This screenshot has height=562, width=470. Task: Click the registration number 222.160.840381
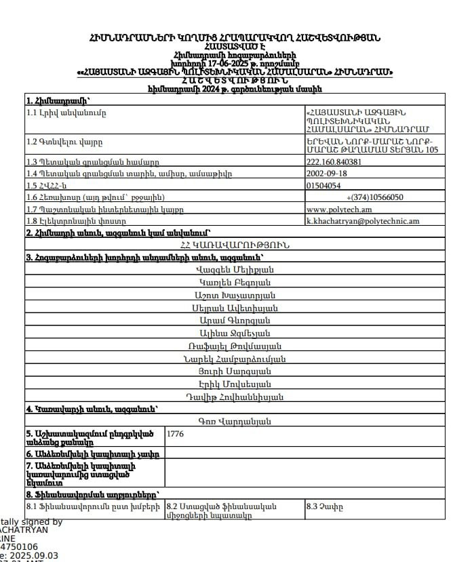click(334, 162)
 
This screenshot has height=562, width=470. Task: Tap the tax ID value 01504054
click(324, 185)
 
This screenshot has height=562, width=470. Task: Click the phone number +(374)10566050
click(375, 197)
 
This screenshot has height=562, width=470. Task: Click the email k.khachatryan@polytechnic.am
click(363, 220)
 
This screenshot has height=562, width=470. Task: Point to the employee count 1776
click(175, 433)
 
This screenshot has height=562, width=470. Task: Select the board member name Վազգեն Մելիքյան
click(235, 269)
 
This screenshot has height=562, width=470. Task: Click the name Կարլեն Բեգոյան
click(235, 282)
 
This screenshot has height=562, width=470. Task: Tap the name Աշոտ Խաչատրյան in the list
click(235, 295)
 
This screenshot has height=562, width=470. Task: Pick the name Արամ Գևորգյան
click(235, 320)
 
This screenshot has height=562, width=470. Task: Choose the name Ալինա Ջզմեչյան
click(235, 333)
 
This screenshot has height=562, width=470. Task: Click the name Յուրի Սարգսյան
click(235, 372)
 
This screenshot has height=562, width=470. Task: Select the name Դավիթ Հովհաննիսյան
click(235, 397)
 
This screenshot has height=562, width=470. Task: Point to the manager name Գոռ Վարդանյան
click(235, 422)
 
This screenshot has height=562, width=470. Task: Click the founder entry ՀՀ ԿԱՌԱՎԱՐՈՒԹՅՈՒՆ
click(235, 245)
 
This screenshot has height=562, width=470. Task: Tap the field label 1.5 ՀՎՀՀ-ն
click(47, 185)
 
